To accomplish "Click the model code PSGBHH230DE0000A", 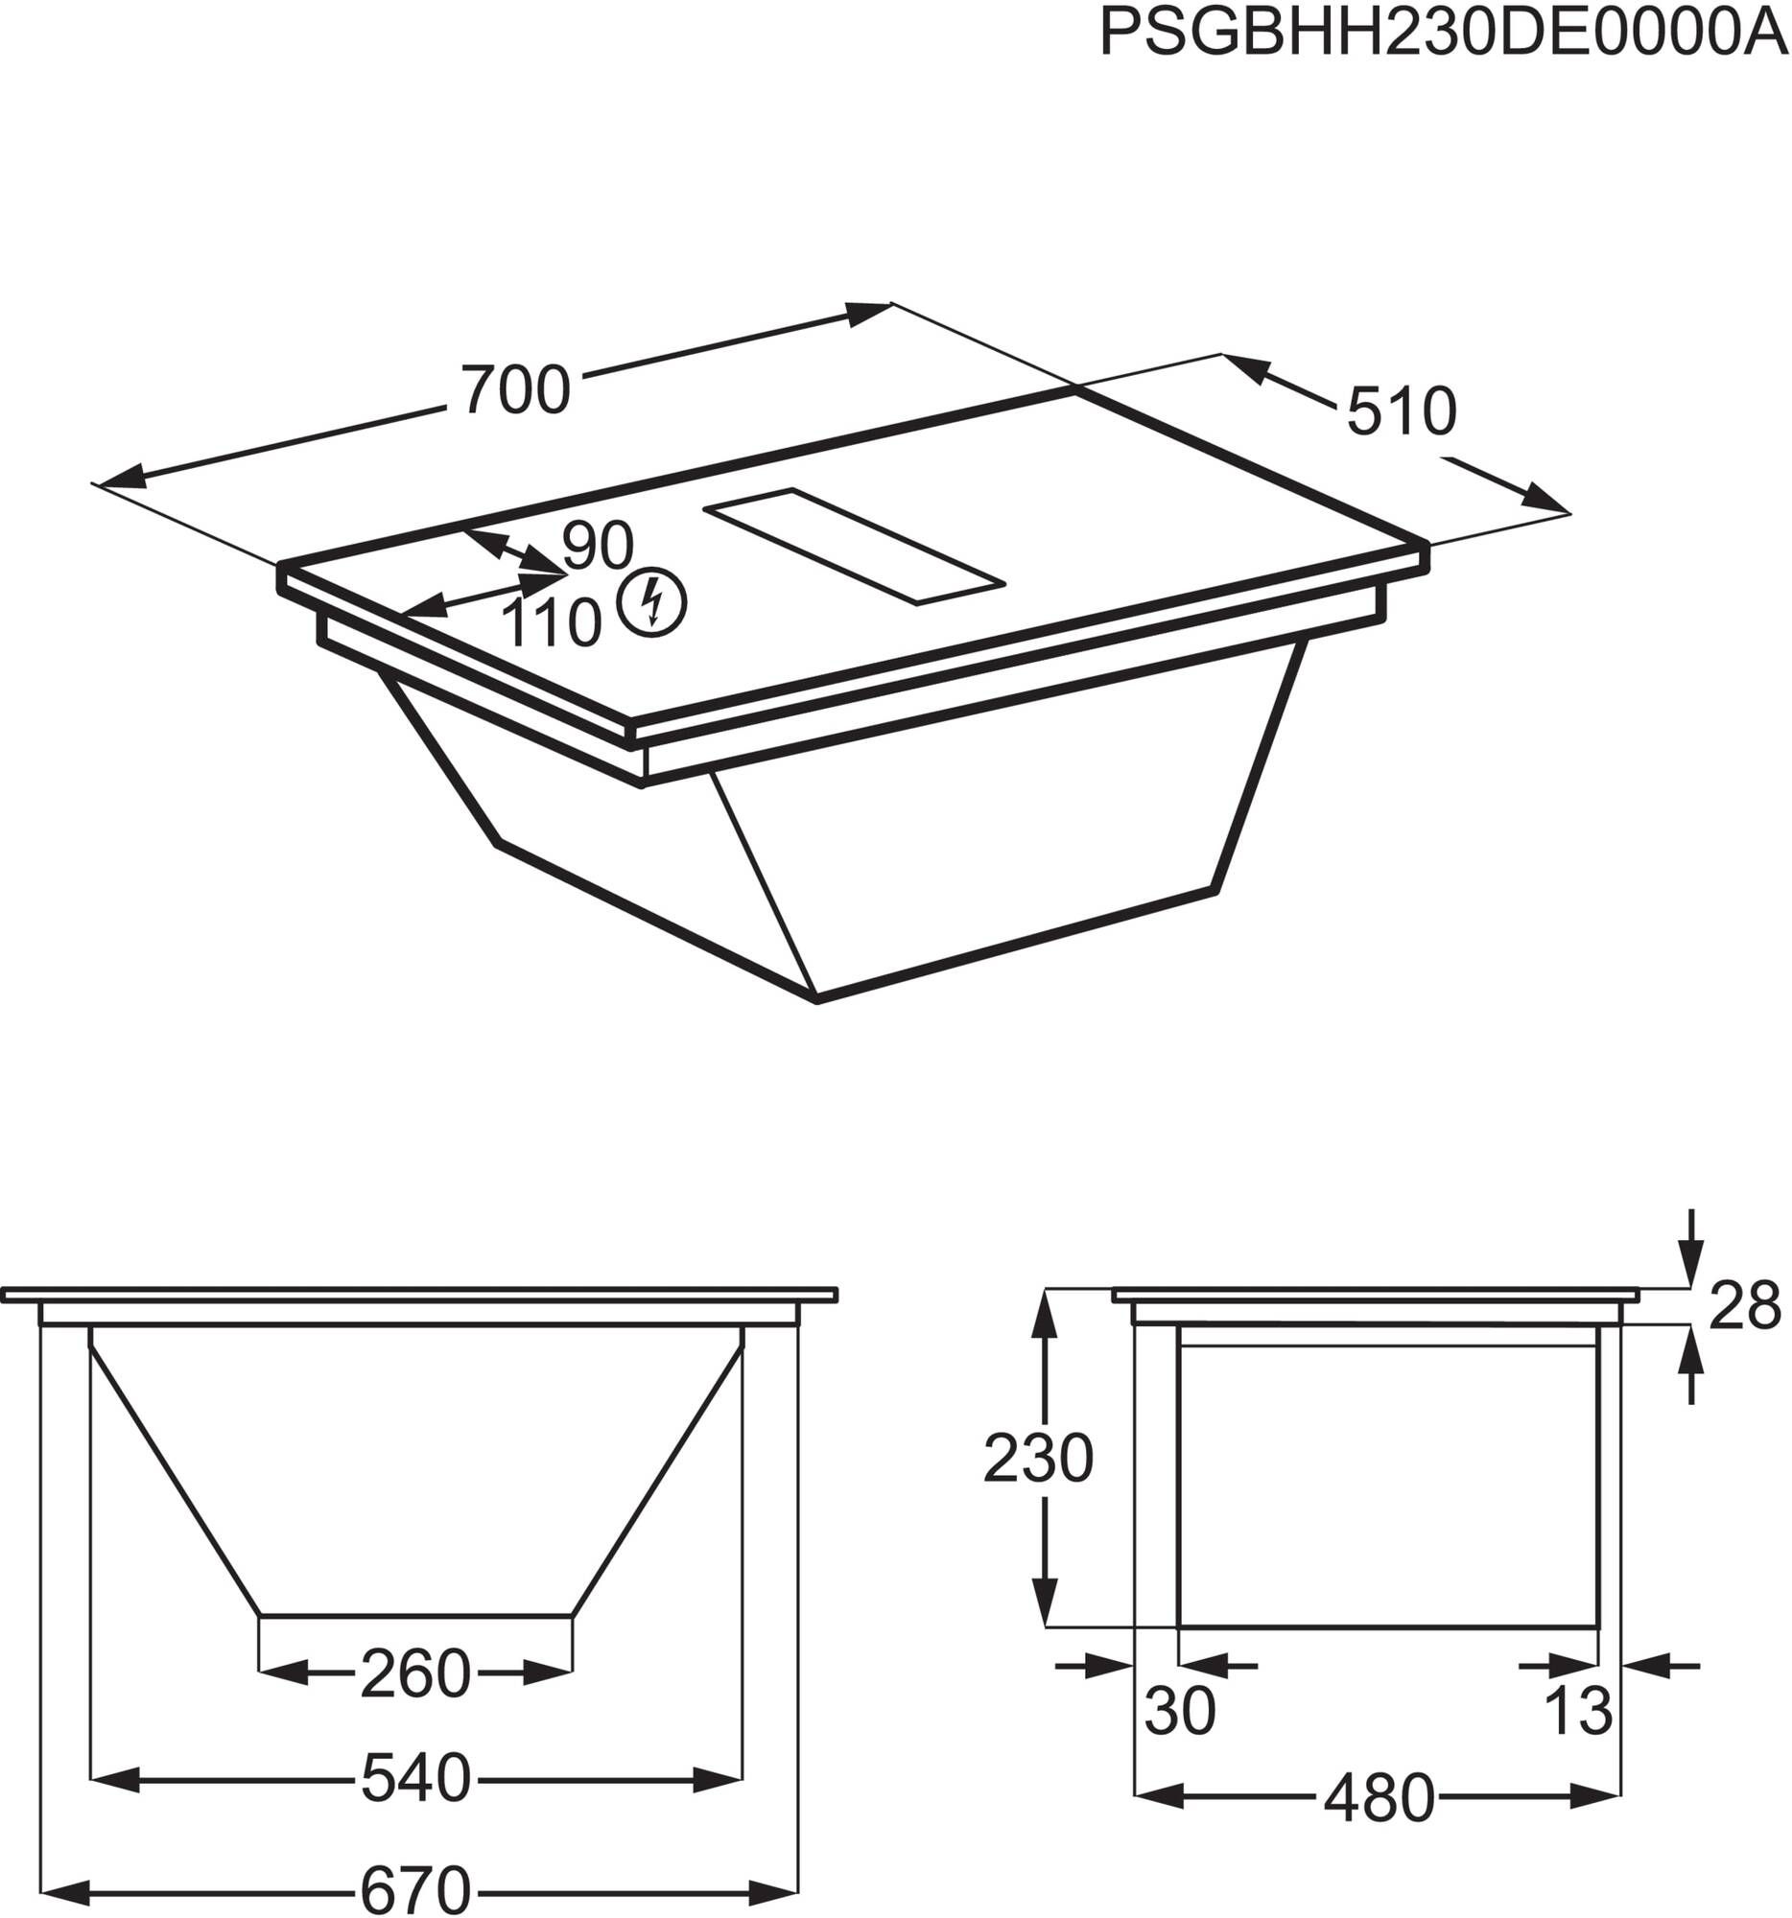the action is [1444, 34].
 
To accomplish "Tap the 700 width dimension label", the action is [516, 390].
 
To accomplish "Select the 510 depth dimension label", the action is [1402, 411].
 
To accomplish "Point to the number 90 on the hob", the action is [599, 545].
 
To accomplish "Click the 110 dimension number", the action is [552, 623].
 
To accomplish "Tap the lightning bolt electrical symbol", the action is [652, 601].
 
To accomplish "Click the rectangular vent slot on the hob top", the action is [855, 546].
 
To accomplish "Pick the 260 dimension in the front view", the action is [416, 1673].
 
